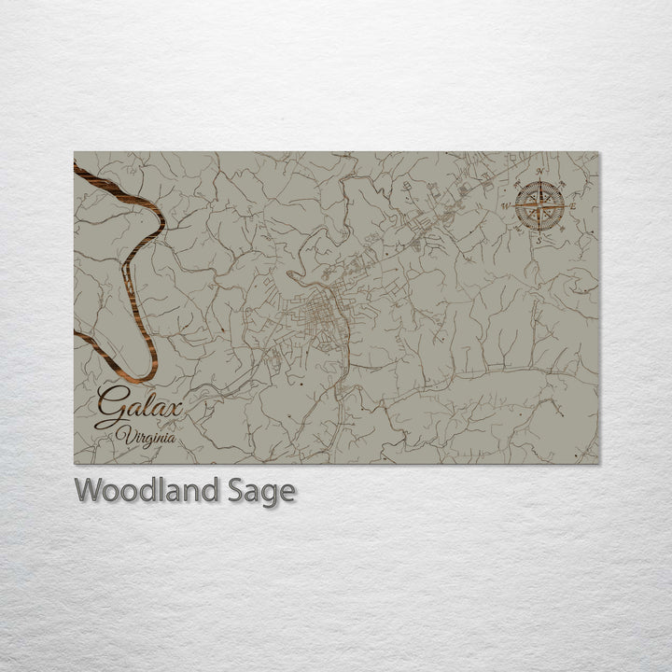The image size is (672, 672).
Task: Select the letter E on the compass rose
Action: [x=573, y=205]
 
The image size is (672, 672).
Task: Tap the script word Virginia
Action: [x=146, y=434]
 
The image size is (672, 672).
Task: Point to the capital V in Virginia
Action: [x=121, y=432]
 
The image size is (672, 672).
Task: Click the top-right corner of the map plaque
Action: [x=598, y=153]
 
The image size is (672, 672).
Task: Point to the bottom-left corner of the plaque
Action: [x=75, y=463]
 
